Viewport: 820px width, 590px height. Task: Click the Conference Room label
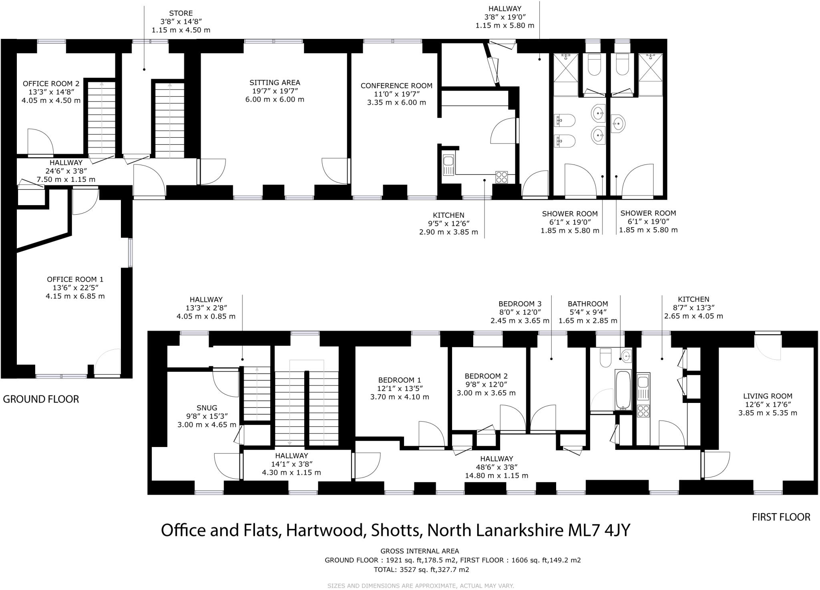(396, 86)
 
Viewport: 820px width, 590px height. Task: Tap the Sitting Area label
(275, 83)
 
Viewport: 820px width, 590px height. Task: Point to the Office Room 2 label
(51, 84)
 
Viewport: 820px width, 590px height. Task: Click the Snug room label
(207, 408)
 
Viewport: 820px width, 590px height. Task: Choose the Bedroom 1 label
(400, 380)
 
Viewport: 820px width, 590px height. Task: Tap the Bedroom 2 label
(486, 376)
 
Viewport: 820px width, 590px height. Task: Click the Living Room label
(768, 396)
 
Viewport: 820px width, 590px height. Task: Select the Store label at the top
(181, 13)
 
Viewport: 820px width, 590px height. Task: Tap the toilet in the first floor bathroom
(605, 357)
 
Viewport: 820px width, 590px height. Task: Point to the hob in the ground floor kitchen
(501, 177)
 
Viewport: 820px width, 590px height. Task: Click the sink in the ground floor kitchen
(448, 165)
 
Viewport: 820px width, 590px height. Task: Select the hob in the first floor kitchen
(643, 411)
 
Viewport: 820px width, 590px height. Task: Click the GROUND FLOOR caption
(41, 399)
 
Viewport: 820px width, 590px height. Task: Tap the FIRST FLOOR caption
(781, 517)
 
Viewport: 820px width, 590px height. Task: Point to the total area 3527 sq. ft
(421, 569)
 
